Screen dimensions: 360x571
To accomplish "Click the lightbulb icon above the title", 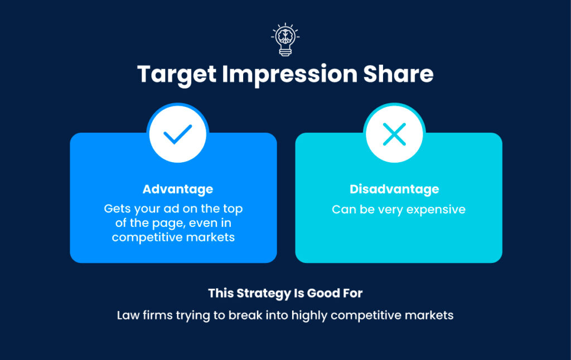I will tap(285, 40).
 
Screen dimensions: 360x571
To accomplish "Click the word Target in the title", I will tap(176, 75).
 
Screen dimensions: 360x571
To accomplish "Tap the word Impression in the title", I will tap(296, 75).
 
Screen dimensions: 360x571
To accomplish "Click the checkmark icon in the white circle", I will tap(178, 134).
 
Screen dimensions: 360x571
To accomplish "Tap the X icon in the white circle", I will tap(394, 134).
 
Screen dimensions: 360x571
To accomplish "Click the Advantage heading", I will tap(177, 189).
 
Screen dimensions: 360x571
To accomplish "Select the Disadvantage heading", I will tap(394, 189).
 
